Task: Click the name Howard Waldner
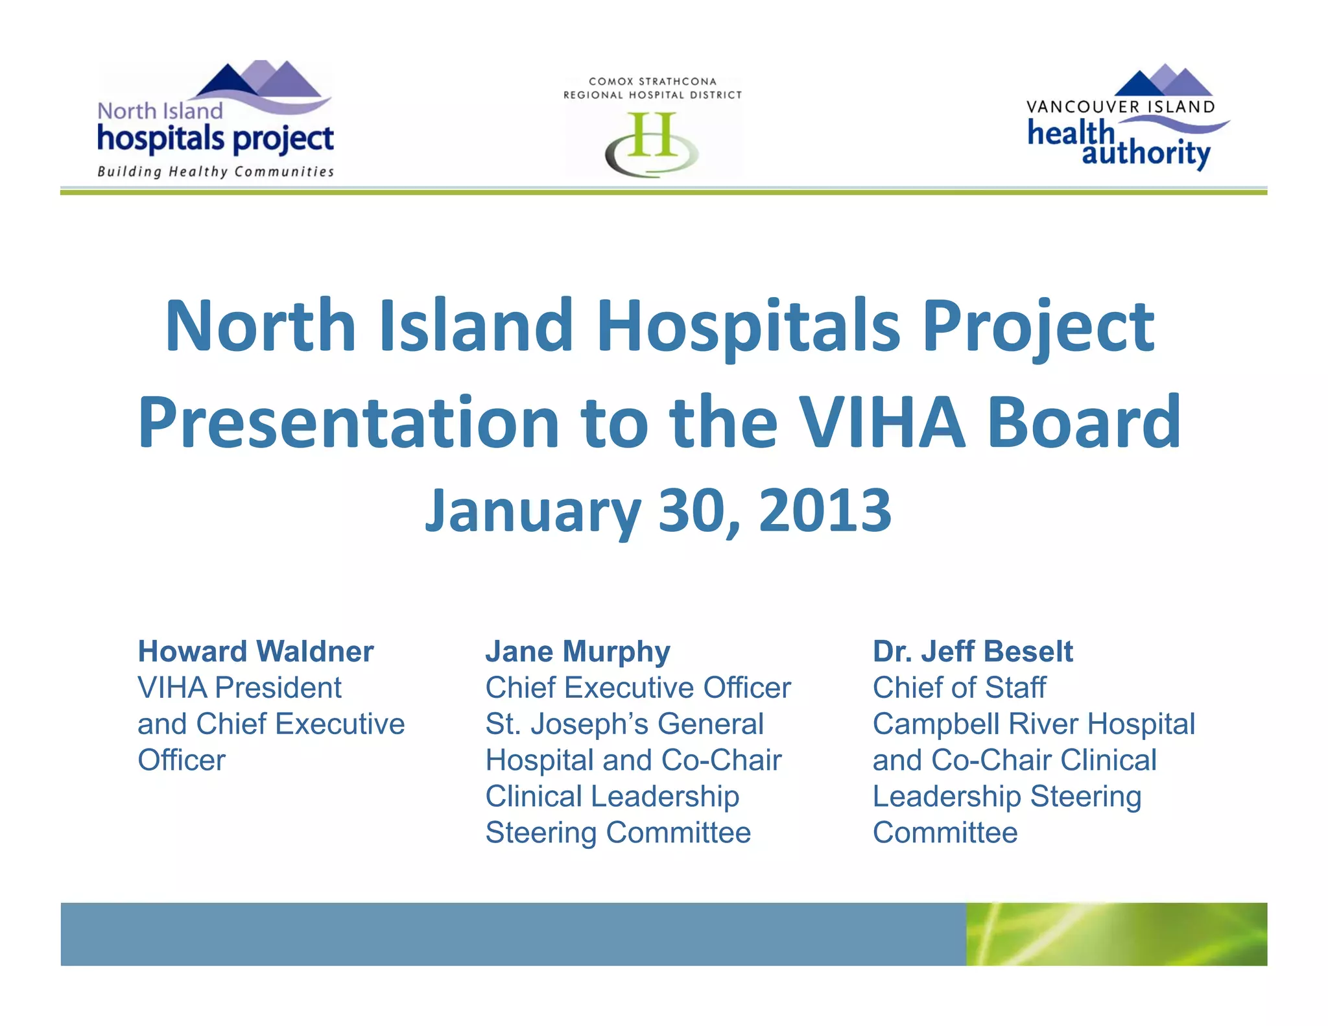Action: (x=255, y=651)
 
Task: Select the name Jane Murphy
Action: (x=578, y=651)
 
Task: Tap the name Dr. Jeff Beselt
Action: (x=973, y=651)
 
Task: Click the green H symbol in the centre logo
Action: (x=652, y=135)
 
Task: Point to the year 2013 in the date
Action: (x=825, y=510)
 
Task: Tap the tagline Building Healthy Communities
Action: (x=215, y=172)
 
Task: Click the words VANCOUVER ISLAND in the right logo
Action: (x=1120, y=107)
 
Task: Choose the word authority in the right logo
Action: (x=1146, y=154)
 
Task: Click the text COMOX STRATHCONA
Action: (x=652, y=82)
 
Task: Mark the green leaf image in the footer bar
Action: (x=1116, y=934)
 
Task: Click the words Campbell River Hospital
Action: (x=1034, y=724)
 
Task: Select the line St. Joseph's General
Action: (x=624, y=724)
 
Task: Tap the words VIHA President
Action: (x=239, y=687)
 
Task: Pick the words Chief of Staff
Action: (x=959, y=687)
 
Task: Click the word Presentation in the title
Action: (x=348, y=422)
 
